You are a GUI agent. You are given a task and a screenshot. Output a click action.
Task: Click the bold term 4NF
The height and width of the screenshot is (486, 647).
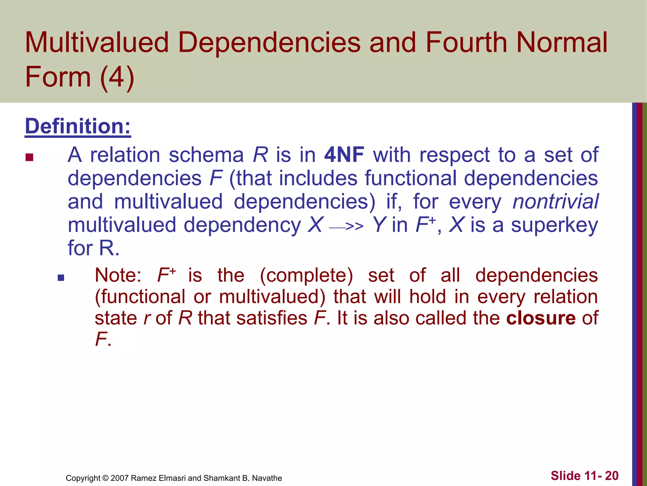point(344,155)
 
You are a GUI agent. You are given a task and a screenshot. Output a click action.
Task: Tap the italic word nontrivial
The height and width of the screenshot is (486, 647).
point(555,202)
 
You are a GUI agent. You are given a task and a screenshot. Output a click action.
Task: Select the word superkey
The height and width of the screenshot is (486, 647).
point(554,225)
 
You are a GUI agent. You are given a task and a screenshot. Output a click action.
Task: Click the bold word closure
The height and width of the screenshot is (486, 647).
point(541,318)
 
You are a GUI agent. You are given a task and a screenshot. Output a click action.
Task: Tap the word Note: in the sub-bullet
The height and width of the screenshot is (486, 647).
point(118,275)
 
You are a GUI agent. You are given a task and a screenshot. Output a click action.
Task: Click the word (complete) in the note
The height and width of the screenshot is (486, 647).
point(306,275)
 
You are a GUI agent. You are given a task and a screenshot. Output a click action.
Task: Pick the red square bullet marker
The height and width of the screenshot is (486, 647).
point(29,157)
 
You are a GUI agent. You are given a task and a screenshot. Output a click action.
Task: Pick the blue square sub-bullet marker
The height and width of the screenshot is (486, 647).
point(61,278)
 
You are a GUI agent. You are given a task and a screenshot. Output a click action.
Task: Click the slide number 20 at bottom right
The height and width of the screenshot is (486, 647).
point(612,476)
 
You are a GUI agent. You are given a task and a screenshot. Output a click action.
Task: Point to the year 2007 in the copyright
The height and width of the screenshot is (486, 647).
point(120,478)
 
